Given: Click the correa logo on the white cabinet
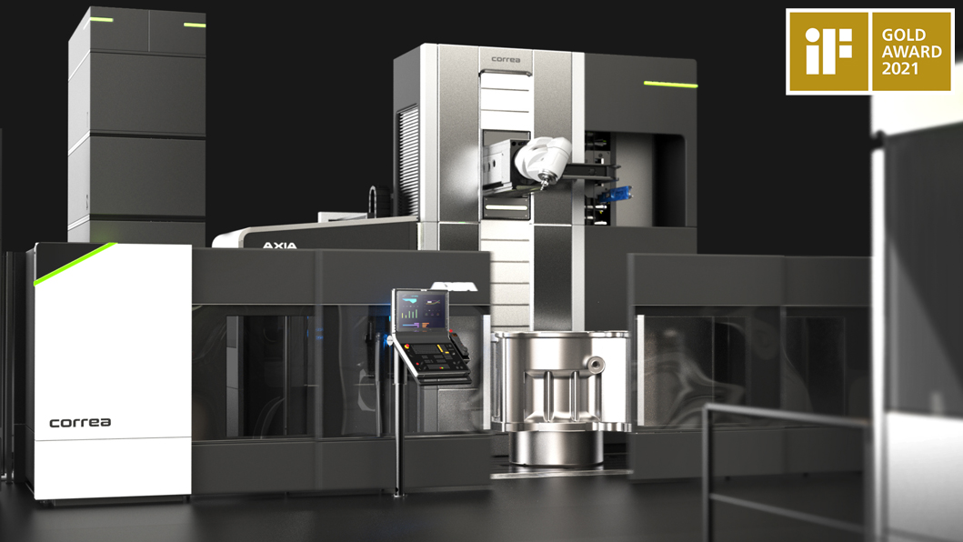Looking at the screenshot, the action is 80,422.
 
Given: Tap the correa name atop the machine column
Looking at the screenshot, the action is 506,60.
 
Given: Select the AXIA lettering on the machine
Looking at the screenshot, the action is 279,246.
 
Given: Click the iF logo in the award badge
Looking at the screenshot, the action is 828,51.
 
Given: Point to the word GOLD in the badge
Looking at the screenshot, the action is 903,35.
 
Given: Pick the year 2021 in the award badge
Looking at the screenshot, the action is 899,68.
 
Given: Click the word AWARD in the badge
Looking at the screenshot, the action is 911,52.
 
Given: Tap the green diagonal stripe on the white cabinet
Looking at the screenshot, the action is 75,265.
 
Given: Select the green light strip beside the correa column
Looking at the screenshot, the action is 670,85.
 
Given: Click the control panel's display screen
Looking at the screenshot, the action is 421,311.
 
